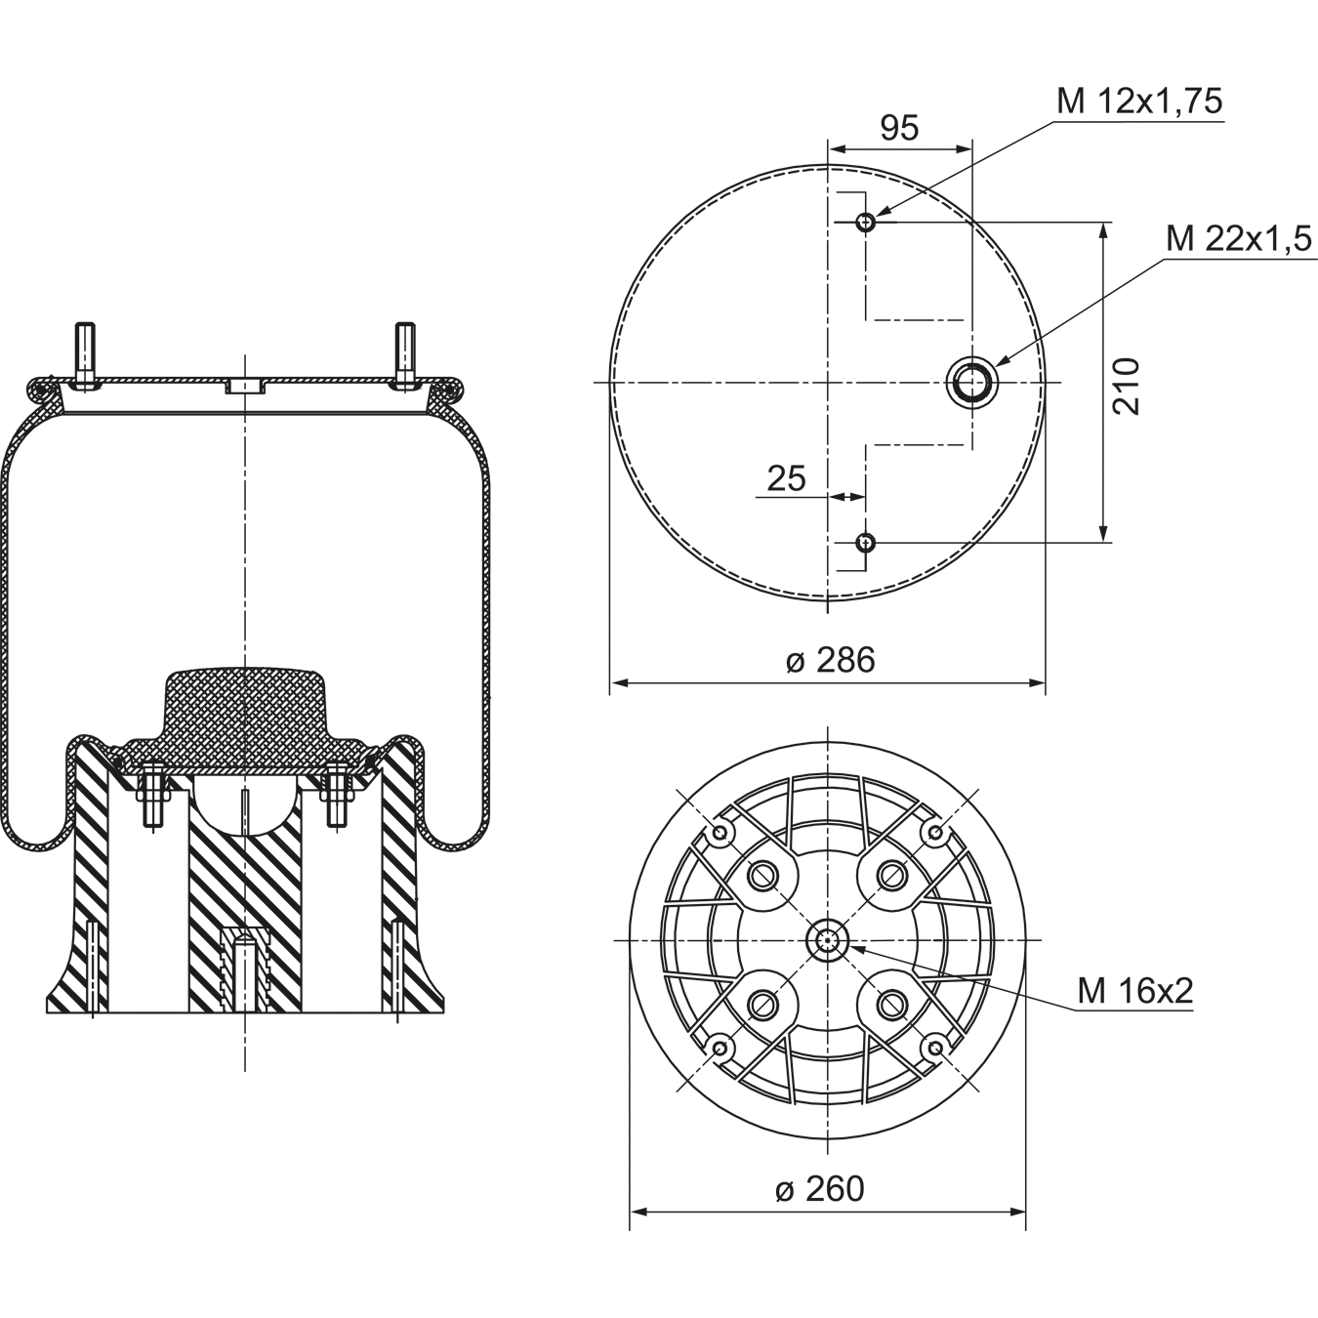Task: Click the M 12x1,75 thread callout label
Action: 1139,102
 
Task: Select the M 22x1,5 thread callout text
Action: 1239,239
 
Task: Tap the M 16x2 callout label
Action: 1135,991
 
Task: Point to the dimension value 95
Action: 899,128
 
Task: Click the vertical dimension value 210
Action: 1127,386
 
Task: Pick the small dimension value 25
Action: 787,478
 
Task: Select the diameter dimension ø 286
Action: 830,661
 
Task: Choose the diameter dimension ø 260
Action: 820,1189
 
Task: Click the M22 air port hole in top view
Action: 972,383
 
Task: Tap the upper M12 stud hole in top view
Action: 866,222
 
